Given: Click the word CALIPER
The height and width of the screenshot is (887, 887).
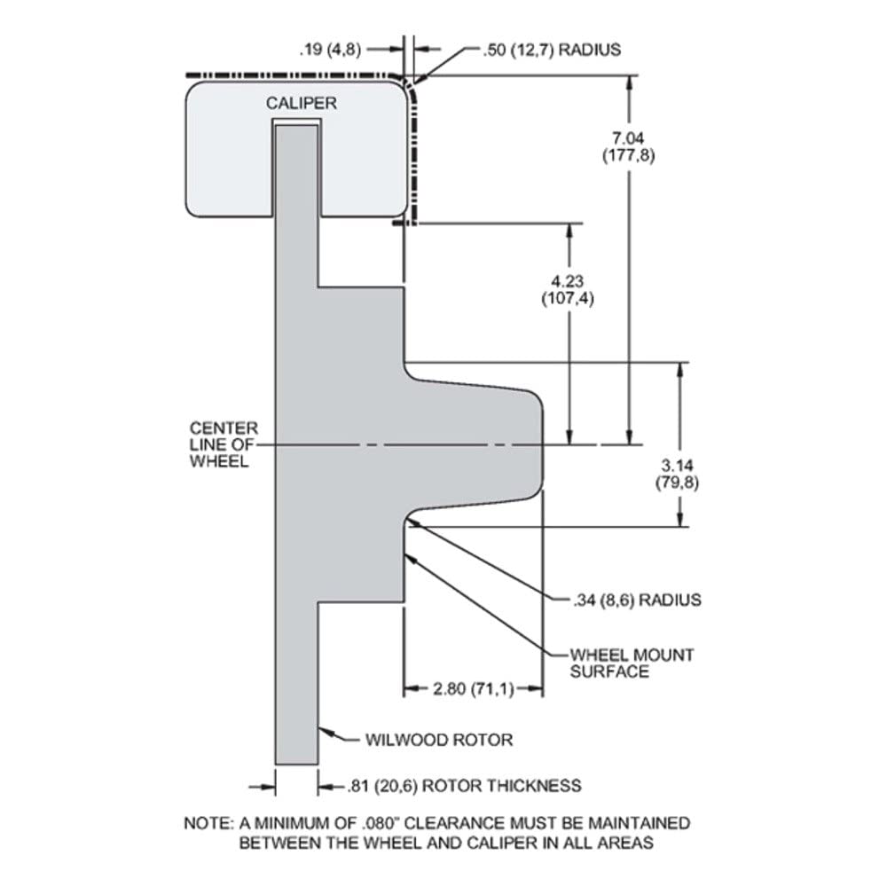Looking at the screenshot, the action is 301,103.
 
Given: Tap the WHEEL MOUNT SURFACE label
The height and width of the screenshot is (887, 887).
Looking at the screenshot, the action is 632,663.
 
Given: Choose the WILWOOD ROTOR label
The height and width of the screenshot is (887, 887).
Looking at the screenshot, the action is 439,740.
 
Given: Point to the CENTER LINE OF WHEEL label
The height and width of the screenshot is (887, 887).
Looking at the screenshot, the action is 224,444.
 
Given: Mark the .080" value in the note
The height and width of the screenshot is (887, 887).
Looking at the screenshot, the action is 379,823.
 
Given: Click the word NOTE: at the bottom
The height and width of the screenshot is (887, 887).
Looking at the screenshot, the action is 208,823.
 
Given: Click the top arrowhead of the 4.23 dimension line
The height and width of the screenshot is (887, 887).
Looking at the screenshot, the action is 569,232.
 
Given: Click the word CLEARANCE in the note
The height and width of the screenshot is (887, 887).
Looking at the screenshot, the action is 455,823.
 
